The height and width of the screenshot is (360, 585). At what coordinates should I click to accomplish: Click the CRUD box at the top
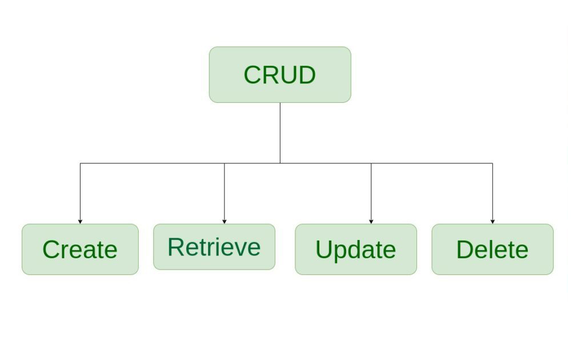pyautogui.click(x=280, y=75)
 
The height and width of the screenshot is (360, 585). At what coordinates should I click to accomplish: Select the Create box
pyautogui.click(x=80, y=249)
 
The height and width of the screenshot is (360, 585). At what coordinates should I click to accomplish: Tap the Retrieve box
pyautogui.click(x=214, y=247)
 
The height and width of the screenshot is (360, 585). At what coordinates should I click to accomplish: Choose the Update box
pyautogui.click(x=355, y=249)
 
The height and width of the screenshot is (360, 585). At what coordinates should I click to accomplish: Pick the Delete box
pyautogui.click(x=492, y=249)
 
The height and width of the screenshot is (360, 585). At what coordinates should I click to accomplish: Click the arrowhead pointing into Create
pyautogui.click(x=80, y=221)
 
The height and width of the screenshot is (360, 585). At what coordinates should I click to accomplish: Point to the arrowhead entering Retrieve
pyautogui.click(x=224, y=221)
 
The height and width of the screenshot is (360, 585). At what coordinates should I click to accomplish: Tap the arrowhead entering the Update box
pyautogui.click(x=371, y=221)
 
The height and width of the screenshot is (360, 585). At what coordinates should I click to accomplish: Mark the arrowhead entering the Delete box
pyautogui.click(x=492, y=221)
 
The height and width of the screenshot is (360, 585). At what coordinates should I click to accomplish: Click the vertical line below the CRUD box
pyautogui.click(x=280, y=133)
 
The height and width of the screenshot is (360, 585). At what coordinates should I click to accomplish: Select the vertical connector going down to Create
pyautogui.click(x=80, y=191)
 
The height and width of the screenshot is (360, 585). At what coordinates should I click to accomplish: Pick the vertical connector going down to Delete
pyautogui.click(x=492, y=191)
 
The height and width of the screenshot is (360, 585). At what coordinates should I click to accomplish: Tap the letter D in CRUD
pyautogui.click(x=306, y=75)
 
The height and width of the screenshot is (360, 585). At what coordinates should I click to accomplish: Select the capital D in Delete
pyautogui.click(x=465, y=249)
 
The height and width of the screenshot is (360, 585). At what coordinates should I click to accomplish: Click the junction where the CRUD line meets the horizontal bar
pyautogui.click(x=280, y=163)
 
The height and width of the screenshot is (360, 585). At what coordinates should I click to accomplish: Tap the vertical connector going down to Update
pyautogui.click(x=371, y=191)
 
